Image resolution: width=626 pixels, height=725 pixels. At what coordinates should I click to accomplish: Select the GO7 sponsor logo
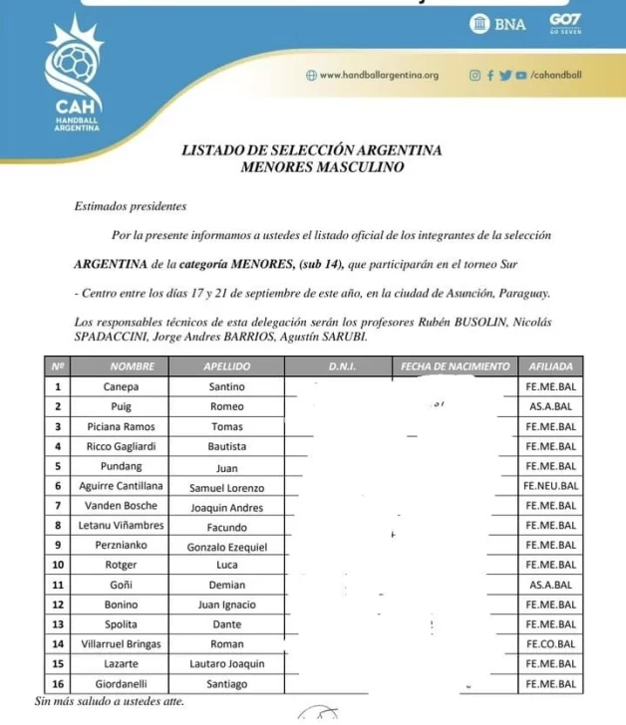(564, 23)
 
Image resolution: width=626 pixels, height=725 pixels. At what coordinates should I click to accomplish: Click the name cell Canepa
(122, 386)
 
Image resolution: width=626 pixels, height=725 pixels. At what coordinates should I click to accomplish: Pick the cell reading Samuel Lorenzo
(226, 486)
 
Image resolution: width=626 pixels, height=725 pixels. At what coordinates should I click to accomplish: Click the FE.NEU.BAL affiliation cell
(550, 486)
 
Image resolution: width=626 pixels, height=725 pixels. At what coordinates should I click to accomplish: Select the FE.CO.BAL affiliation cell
(551, 644)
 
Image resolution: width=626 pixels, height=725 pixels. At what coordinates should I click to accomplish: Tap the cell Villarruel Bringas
(122, 644)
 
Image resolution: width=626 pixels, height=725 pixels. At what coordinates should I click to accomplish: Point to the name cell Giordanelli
(122, 683)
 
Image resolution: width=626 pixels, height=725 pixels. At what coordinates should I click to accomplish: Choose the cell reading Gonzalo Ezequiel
(226, 546)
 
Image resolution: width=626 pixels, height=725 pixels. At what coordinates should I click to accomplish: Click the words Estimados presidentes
(130, 207)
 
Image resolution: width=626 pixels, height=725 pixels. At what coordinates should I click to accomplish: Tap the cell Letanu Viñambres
(122, 526)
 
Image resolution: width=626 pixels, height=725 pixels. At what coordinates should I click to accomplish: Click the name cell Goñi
(122, 585)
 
